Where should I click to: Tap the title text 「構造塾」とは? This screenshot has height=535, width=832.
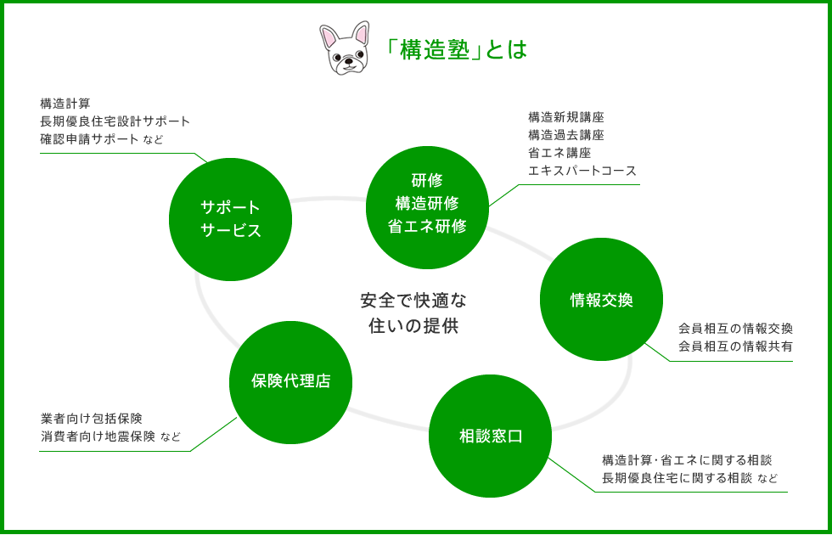tap(457, 49)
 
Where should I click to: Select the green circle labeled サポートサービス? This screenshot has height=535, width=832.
tap(230, 219)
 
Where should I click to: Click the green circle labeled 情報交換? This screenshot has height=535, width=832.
tap(601, 299)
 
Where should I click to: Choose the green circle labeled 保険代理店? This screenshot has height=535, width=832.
tap(290, 382)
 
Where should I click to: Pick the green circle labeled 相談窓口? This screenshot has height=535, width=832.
tap(491, 436)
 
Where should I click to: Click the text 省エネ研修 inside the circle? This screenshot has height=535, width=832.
tap(427, 227)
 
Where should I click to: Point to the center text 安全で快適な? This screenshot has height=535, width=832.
tap(413, 301)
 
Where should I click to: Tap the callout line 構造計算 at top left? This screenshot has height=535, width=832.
tap(65, 103)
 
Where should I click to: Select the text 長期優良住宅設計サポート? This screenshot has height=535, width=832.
tap(115, 121)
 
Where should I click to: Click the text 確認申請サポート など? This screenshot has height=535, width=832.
tap(102, 139)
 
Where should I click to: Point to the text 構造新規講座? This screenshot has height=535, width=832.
tap(566, 117)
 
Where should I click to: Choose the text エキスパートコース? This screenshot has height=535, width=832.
tap(582, 171)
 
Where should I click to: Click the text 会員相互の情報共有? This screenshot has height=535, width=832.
tap(735, 346)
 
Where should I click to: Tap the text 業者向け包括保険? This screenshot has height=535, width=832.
tap(92, 419)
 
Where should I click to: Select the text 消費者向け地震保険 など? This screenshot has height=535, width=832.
tap(110, 436)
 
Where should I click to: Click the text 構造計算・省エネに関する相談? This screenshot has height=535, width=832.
tap(687, 459)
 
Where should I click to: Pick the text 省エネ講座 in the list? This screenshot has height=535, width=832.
tap(559, 153)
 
